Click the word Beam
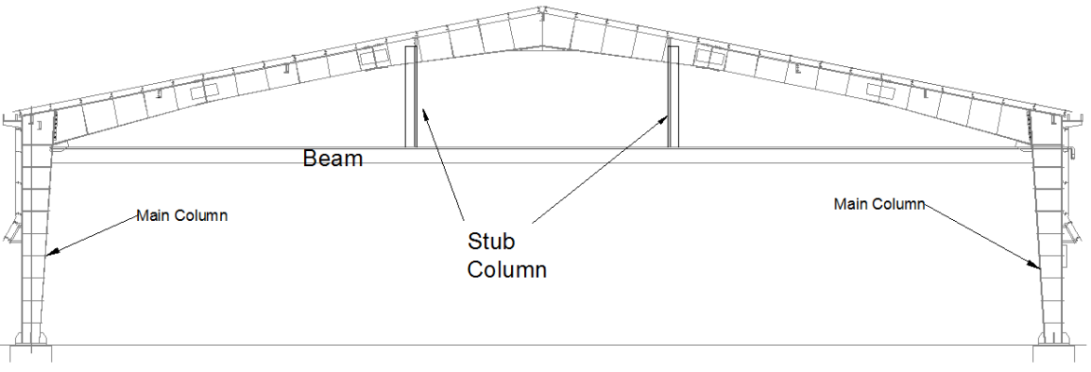pos(333,158)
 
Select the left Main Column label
pos(182,215)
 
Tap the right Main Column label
pos(878,203)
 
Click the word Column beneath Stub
pos(506,270)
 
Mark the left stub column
pos(410,98)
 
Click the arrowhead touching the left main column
pos(51,252)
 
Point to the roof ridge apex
pos(544,12)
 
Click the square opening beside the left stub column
pos(375,58)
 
